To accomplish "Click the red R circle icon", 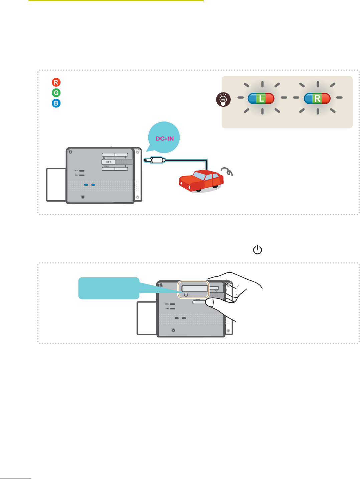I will [56, 82].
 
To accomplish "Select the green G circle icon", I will [56, 93].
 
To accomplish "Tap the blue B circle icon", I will [56, 103].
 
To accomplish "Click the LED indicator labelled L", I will [261, 98].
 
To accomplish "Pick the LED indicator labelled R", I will [317, 98].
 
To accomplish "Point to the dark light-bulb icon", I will [223, 99].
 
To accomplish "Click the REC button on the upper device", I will [109, 162].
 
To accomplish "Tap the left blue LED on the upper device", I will [86, 185].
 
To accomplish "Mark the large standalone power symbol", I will [257, 250].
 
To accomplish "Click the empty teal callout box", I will [109, 288].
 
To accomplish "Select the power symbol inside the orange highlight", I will [186, 295].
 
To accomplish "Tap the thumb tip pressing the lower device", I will [210, 303].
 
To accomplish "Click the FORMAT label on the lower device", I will [197, 300].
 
